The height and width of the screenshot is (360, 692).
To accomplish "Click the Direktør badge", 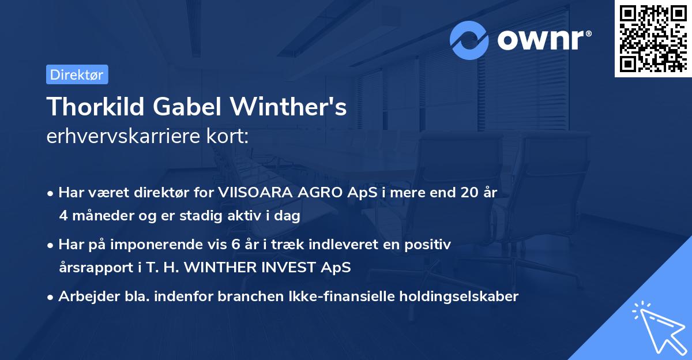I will (77, 74).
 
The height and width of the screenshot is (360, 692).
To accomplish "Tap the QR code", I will (653, 39).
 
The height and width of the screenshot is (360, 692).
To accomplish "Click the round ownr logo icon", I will (470, 40).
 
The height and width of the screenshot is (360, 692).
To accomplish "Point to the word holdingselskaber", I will (455, 297).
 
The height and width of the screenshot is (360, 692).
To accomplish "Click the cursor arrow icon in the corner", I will (657, 327).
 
